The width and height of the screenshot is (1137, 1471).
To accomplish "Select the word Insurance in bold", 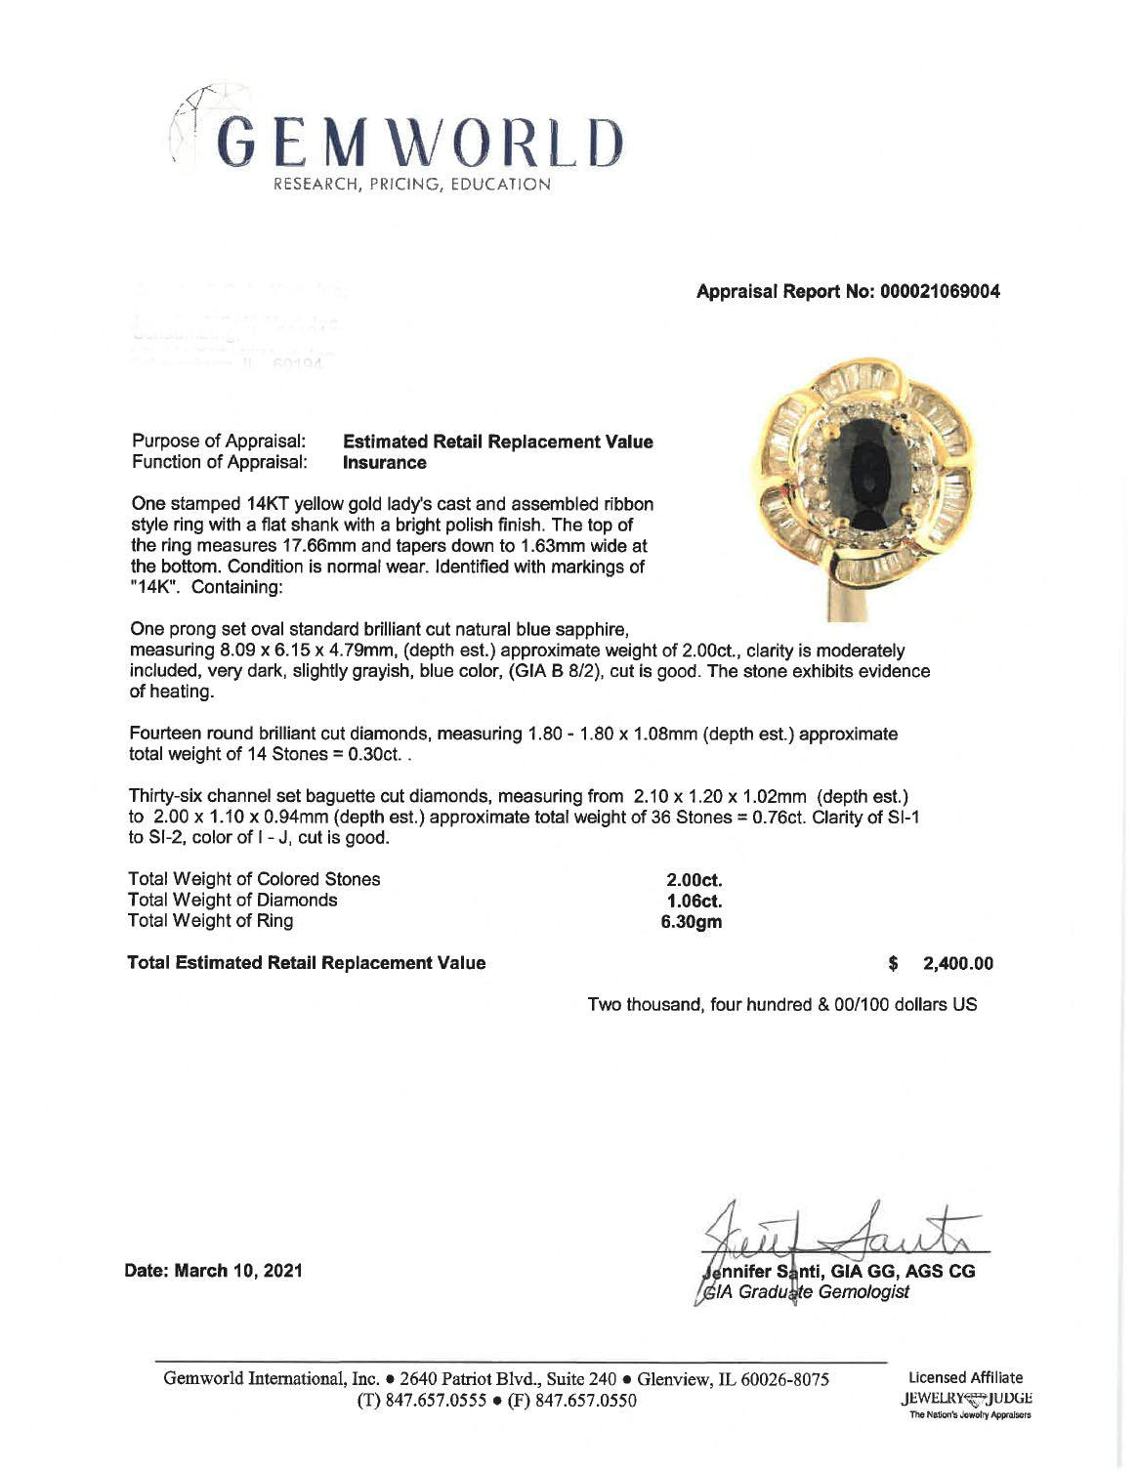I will coord(385,463).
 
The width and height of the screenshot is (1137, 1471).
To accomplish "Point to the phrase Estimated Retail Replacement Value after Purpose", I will coord(498,441).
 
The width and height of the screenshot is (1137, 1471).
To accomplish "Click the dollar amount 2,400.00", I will coord(957,963).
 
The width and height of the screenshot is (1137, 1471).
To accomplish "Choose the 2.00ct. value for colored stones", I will coord(694,880).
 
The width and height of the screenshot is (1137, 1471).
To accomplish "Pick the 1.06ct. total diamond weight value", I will coord(694,901).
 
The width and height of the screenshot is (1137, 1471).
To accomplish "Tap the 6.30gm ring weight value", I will coord(692,921).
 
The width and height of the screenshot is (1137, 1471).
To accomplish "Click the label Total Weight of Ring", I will coord(210,921).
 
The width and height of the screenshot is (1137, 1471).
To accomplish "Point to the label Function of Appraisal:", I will coord(220,462).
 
